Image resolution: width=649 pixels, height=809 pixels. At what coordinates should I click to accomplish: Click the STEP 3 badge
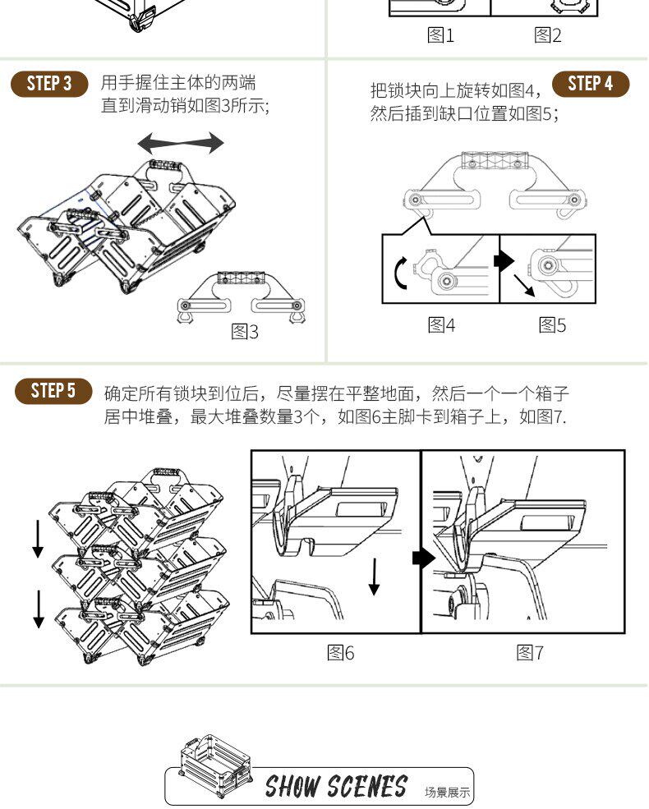(x=49, y=84)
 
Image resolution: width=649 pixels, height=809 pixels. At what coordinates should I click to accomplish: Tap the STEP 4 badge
(x=591, y=84)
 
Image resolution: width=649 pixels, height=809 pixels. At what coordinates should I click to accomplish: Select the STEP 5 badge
(x=53, y=391)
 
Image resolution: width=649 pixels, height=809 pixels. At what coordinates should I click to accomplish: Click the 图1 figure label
(x=440, y=35)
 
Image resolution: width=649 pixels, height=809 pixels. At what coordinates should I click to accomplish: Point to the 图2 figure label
(x=547, y=35)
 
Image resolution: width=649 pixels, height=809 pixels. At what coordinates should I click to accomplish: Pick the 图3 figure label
(x=245, y=331)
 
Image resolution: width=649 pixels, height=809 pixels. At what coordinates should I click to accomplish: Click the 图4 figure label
(x=441, y=325)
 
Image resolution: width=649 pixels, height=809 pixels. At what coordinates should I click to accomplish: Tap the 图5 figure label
(x=552, y=325)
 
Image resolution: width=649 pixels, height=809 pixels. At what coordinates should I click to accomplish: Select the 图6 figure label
(x=340, y=653)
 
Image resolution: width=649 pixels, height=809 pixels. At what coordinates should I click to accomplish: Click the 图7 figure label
(x=530, y=653)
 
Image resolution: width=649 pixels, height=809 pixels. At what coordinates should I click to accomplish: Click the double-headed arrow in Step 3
(x=181, y=143)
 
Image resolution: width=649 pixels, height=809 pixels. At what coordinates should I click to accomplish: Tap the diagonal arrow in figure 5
(x=524, y=286)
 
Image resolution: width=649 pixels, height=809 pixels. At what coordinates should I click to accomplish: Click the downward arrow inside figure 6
(x=374, y=577)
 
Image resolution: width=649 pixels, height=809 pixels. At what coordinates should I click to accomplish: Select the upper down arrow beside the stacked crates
(x=38, y=539)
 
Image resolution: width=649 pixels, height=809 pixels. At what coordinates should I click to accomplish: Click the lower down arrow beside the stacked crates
(x=38, y=609)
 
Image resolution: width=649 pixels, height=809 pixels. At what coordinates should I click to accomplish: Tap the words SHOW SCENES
(x=336, y=786)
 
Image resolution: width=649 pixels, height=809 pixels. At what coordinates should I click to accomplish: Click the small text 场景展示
(x=447, y=792)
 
